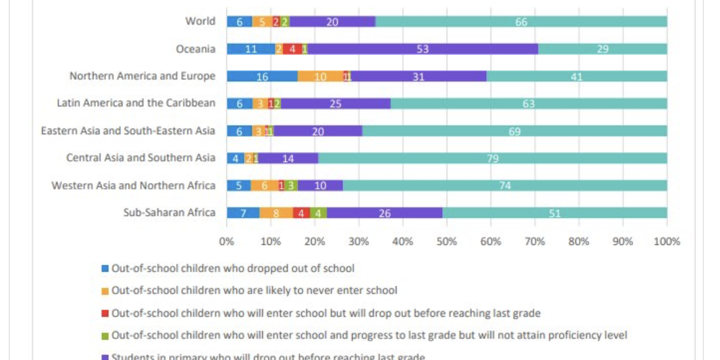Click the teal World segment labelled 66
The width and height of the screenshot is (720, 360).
point(521,22)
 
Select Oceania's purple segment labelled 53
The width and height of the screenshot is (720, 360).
point(422,49)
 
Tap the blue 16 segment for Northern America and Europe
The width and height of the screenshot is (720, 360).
point(262,77)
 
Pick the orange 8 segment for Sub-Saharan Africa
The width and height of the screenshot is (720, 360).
point(276,213)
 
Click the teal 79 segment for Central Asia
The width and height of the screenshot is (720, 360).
point(492,158)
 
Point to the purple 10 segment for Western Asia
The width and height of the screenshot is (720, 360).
point(320,186)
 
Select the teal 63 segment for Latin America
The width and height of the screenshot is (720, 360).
point(528,103)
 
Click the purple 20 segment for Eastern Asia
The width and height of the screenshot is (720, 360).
point(318,131)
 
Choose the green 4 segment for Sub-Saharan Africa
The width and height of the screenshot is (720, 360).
point(318,213)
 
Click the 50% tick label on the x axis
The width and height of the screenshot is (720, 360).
point(447,242)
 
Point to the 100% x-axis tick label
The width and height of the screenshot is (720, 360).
point(667,242)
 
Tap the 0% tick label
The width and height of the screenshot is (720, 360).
point(226,242)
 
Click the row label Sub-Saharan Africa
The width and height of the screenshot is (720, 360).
point(169,213)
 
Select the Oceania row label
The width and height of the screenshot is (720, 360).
point(195,49)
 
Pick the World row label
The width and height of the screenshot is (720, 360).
point(200,21)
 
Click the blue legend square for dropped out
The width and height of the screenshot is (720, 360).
point(105,268)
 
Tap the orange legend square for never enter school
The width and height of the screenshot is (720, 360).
point(105,291)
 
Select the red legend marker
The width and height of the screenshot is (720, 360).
point(105,314)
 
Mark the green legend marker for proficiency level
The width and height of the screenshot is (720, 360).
point(105,336)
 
